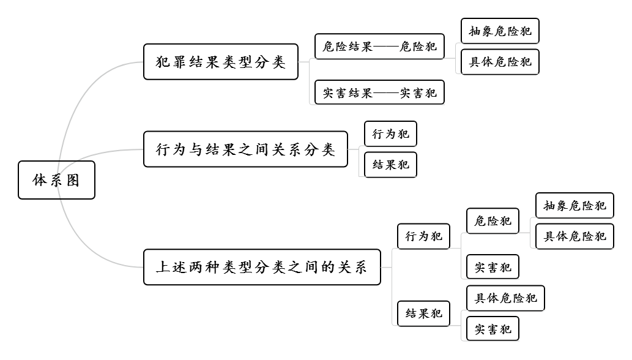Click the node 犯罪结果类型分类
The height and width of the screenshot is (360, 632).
(220, 62)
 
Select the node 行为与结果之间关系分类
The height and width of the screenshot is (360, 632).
(245, 149)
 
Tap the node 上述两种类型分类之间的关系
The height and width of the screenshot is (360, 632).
(262, 267)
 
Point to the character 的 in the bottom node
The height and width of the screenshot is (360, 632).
(327, 268)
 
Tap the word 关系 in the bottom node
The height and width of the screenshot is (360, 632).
(352, 268)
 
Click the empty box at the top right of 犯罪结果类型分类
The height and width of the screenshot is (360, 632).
(497, 58)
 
